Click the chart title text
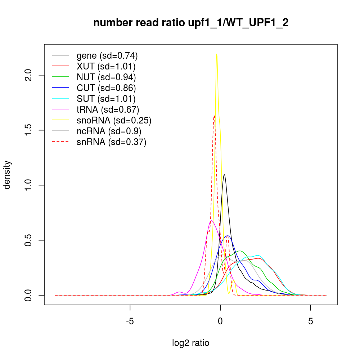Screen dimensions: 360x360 click(191, 23)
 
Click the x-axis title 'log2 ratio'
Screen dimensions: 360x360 click(191, 343)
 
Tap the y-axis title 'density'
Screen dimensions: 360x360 click(7, 175)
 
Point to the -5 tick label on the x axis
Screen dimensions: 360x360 click(130, 321)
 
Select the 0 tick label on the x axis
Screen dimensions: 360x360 click(220, 321)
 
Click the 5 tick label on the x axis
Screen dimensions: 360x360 click(310, 321)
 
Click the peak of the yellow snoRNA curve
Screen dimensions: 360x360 click(216, 54)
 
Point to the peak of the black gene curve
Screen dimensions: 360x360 click(224, 175)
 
